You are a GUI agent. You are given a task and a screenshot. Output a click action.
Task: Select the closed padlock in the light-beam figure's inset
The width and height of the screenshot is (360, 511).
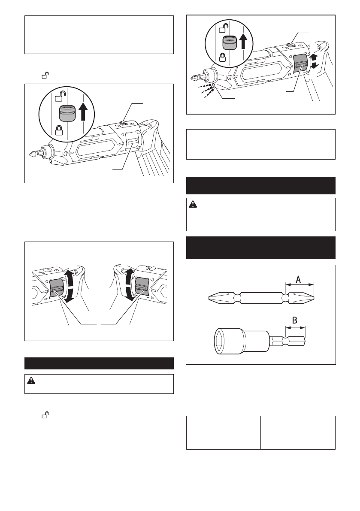223,57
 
